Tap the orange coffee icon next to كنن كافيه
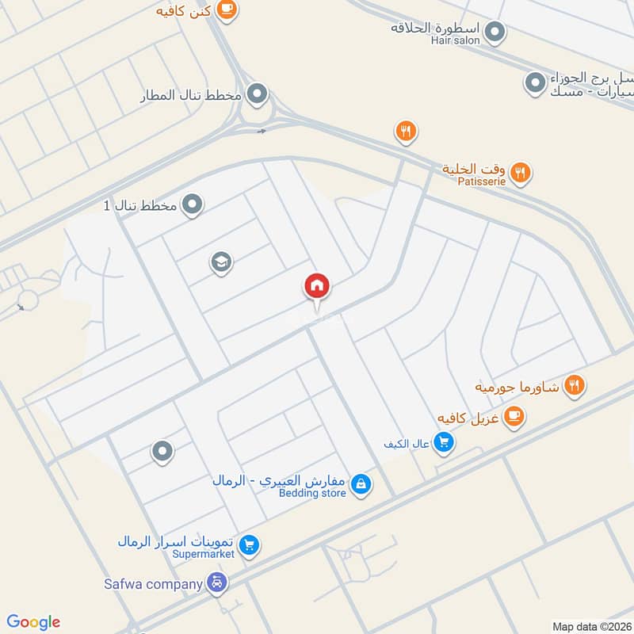(x=227, y=9)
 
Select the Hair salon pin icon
(x=495, y=32)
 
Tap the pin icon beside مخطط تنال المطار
(x=256, y=96)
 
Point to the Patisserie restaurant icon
(x=520, y=171)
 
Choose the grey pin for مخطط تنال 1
(x=193, y=206)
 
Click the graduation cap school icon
(x=221, y=262)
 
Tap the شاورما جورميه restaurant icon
(x=575, y=386)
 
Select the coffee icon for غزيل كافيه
(x=514, y=415)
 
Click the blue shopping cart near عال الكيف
(x=445, y=443)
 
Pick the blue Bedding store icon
(x=361, y=483)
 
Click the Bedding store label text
(x=312, y=493)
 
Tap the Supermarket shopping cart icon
(x=250, y=544)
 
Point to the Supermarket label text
(x=204, y=554)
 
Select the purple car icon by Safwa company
(x=217, y=585)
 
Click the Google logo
(x=33, y=622)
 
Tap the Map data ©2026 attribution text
(x=590, y=626)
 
